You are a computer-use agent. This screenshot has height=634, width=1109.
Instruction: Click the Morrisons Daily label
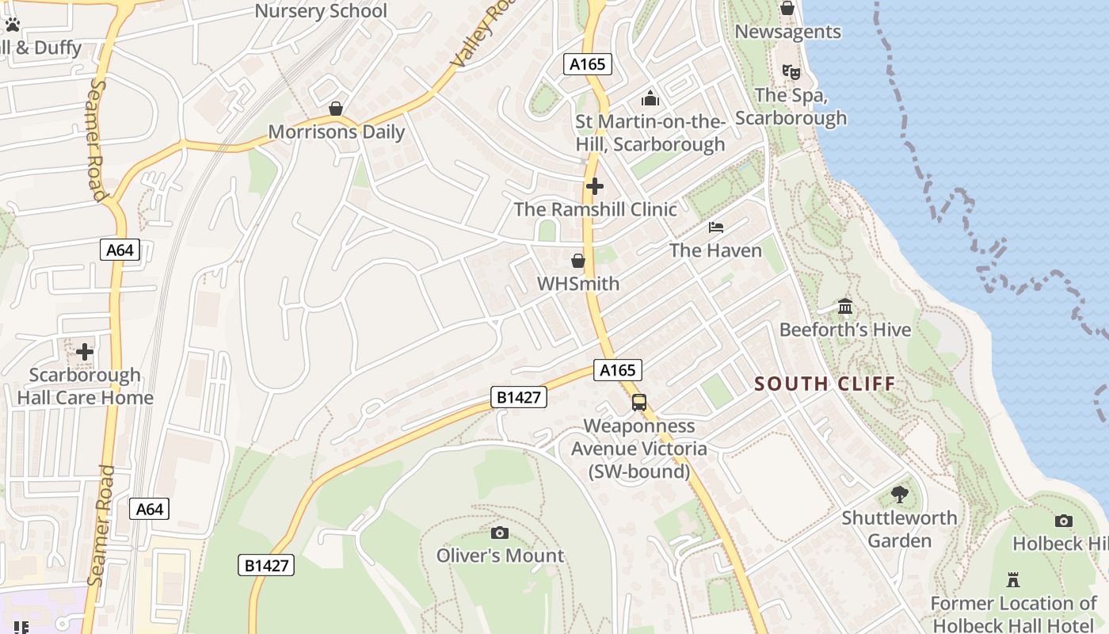coord(337,132)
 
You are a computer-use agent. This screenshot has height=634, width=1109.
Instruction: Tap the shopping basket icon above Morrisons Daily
coord(336,109)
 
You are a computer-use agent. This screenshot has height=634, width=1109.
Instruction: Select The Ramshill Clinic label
coord(595,209)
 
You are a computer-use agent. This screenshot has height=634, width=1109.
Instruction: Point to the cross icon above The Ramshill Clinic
coord(594,186)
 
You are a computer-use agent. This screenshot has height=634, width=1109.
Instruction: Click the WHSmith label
coord(578,284)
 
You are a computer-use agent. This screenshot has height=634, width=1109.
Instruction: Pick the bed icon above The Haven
coord(716,227)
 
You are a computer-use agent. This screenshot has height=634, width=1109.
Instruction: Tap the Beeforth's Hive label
coord(845,330)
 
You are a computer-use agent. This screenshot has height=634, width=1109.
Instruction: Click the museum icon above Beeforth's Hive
coord(845,306)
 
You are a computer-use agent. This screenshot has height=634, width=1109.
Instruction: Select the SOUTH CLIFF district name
coord(825,384)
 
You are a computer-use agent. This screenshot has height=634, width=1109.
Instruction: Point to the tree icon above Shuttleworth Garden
coord(899,495)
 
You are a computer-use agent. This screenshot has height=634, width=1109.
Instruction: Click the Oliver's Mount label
coord(500,556)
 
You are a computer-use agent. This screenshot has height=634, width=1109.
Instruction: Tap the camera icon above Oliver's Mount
coord(500,533)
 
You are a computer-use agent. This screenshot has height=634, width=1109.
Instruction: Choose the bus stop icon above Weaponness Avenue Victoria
coord(639,403)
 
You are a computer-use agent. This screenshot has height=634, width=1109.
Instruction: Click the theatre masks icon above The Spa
coord(791,72)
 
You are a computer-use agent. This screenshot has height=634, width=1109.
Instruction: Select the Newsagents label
coord(787,32)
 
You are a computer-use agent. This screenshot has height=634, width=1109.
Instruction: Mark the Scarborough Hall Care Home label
coord(85,386)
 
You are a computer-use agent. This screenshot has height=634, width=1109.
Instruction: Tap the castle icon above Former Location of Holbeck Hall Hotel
coord(1013,580)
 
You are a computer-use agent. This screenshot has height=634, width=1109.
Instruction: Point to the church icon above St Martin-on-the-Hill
coord(650,99)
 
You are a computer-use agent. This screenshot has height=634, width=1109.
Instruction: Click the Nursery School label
coord(321,11)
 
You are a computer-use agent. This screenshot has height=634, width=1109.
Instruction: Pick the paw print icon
coord(12,25)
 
